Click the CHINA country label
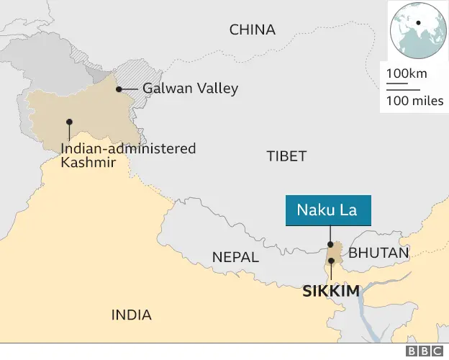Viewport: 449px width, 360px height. (x=252, y=30)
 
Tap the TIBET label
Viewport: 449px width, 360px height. (x=286, y=156)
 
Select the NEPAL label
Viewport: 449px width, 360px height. (x=236, y=257)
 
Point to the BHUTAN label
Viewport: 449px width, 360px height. (x=379, y=253)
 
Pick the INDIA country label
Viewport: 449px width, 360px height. (x=132, y=315)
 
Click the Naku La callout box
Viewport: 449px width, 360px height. (x=327, y=211)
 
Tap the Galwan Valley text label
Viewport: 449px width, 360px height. (x=190, y=89)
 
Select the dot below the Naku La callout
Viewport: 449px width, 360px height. (x=330, y=245)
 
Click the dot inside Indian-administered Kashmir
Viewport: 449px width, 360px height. (x=69, y=122)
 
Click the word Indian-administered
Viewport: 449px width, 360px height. (x=128, y=148)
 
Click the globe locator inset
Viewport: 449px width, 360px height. (x=415, y=31)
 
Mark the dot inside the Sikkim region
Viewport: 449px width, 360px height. (x=331, y=261)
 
